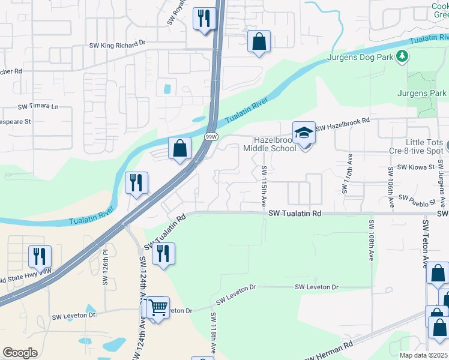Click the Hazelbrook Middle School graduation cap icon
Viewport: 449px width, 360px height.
(304, 133)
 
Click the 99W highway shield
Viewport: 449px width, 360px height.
(211, 137)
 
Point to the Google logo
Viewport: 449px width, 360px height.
(19, 353)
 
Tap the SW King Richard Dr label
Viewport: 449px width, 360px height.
(118, 44)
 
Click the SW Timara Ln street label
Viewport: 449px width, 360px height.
(38, 107)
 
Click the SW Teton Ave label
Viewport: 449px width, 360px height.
(427, 244)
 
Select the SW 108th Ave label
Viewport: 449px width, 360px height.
(372, 240)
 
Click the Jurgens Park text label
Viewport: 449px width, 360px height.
(422, 94)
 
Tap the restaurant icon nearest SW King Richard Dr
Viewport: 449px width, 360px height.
(203, 18)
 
